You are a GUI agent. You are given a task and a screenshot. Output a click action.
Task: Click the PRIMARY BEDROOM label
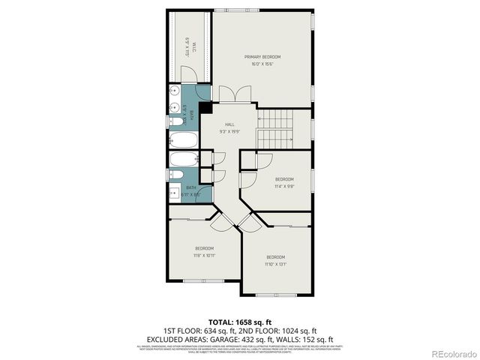tap(262, 57)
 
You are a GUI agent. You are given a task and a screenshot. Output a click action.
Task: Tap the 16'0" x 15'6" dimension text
tap(262, 64)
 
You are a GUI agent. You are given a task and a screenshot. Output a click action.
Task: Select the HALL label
tap(229, 124)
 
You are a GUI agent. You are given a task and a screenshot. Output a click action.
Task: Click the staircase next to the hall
tap(275, 129)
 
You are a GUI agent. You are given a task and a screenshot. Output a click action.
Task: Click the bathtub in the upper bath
tap(183, 140)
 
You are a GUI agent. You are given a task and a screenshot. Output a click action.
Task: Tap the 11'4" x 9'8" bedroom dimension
tap(284, 186)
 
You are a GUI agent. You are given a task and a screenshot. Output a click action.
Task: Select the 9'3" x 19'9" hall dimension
tap(229, 131)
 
